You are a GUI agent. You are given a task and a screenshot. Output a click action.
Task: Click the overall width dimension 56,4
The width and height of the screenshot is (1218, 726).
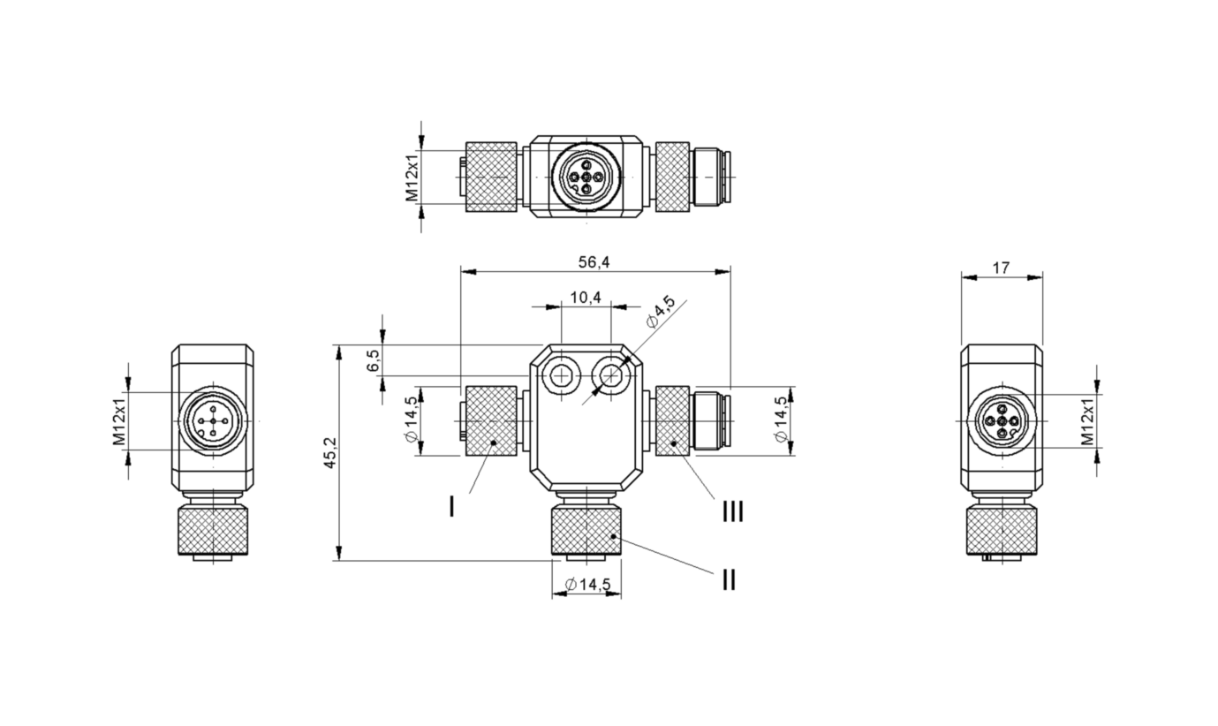pyautogui.click(x=594, y=262)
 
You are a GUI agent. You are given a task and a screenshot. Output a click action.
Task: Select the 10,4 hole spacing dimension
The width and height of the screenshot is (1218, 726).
pyautogui.click(x=585, y=298)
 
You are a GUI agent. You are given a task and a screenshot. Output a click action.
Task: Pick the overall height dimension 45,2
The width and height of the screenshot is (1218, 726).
pyautogui.click(x=330, y=451)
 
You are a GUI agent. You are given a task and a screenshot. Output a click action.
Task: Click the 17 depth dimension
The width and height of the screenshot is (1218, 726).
pyautogui.click(x=1001, y=268)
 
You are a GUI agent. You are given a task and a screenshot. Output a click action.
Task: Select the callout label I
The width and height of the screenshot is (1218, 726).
pyautogui.click(x=452, y=506)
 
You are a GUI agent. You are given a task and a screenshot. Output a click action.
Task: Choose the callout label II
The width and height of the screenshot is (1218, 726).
pyautogui.click(x=728, y=580)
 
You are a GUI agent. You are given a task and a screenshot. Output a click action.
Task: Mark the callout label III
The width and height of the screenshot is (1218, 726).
pyautogui.click(x=732, y=512)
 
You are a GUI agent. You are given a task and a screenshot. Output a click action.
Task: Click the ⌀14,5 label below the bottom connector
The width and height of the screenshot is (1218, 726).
pyautogui.click(x=586, y=584)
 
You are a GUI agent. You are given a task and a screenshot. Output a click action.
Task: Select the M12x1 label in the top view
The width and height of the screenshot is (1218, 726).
pyautogui.click(x=412, y=177)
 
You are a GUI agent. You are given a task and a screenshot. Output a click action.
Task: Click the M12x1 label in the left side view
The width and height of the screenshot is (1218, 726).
pyautogui.click(x=117, y=421)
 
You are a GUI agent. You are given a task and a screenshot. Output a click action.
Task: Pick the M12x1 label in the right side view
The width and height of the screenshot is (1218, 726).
pyautogui.click(x=1086, y=421)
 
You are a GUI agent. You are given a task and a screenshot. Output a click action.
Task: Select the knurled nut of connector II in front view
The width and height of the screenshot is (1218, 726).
pyautogui.click(x=586, y=529)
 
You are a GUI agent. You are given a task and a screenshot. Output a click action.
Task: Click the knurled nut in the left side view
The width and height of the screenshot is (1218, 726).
pyautogui.click(x=212, y=529)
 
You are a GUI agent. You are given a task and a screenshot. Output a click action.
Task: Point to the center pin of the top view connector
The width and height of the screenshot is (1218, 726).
pyautogui.click(x=586, y=177)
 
